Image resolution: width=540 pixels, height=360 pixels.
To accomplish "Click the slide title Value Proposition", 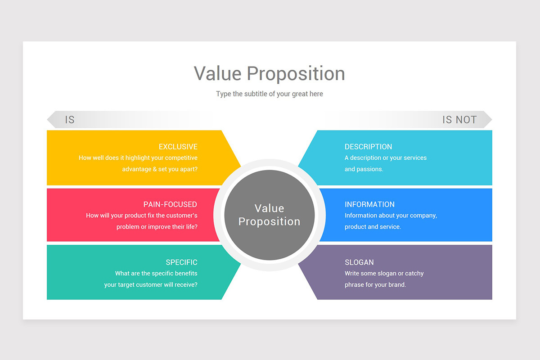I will pyautogui.click(x=269, y=73).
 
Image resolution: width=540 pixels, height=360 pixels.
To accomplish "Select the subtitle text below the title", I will pyautogui.click(x=269, y=94).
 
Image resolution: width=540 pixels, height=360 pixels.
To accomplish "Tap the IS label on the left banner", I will pyautogui.click(x=69, y=120).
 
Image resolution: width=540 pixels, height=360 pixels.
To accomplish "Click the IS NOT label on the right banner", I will pyautogui.click(x=459, y=120).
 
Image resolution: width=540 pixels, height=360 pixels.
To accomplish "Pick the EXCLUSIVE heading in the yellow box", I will pyautogui.click(x=178, y=147).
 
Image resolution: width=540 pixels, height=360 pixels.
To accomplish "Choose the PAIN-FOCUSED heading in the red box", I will pyautogui.click(x=170, y=204).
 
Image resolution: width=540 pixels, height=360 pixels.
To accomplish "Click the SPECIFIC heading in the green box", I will pyautogui.click(x=181, y=262).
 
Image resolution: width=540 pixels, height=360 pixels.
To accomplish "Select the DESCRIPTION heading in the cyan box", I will pyautogui.click(x=368, y=147).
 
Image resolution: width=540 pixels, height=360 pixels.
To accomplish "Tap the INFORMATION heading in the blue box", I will pyautogui.click(x=369, y=204).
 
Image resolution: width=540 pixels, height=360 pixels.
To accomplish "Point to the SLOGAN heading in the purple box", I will pyautogui.click(x=359, y=262).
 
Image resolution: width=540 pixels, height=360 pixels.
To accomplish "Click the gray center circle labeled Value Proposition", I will pyautogui.click(x=269, y=215).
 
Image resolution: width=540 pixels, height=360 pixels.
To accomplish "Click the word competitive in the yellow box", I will pyautogui.click(x=181, y=158).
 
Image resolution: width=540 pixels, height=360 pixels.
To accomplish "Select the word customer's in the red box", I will pyautogui.click(x=182, y=216).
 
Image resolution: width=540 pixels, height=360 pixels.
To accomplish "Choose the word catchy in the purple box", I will pyautogui.click(x=414, y=273).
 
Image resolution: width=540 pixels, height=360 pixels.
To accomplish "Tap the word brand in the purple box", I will pyautogui.click(x=396, y=284).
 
